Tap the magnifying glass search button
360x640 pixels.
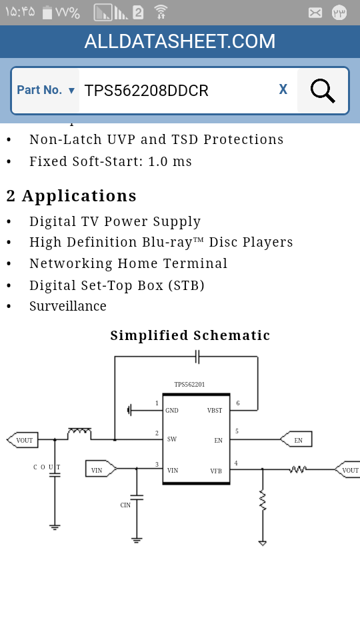pyautogui.click(x=323, y=91)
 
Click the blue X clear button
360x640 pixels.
pyautogui.click(x=283, y=89)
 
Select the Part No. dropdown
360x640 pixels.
pyautogui.click(x=46, y=90)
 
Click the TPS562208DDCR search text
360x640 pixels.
pyautogui.click(x=146, y=91)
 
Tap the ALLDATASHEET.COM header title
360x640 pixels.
pyautogui.click(x=180, y=41)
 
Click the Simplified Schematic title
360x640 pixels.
pyautogui.click(x=190, y=335)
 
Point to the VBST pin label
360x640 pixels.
pyautogui.click(x=215, y=411)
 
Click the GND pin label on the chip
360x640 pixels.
pyautogui.click(x=172, y=411)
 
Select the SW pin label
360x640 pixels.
pyautogui.click(x=172, y=439)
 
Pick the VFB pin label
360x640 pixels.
pyautogui.click(x=216, y=471)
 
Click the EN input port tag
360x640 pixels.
pyautogui.click(x=296, y=439)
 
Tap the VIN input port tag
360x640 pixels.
pyautogui.click(x=101, y=469)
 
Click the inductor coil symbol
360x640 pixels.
pyautogui.click(x=79, y=433)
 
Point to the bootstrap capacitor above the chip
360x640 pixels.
pyautogui.click(x=197, y=356)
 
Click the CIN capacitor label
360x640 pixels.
pyautogui.click(x=125, y=505)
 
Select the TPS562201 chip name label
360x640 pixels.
pyautogui.click(x=189, y=385)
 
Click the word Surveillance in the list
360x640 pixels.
pyautogui.click(x=68, y=306)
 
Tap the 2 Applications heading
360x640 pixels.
pyautogui.click(x=71, y=196)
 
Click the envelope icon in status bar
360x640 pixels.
pyautogui.click(x=315, y=13)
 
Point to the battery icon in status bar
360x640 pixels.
pyautogui.click(x=47, y=13)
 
